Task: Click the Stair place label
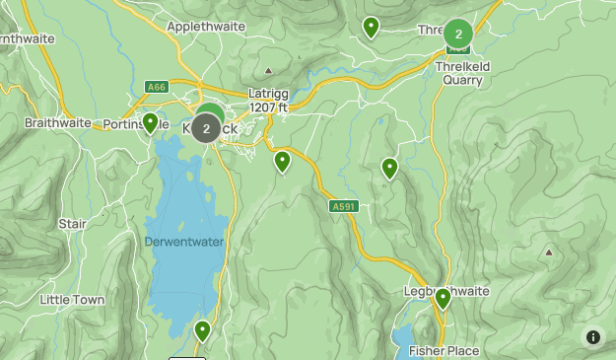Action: coord(72,224)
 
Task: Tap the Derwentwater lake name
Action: coord(184,242)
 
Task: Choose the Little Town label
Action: coord(73,299)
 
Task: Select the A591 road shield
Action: coord(341,206)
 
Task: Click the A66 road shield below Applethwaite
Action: coord(156,86)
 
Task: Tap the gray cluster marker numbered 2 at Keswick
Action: coord(206,128)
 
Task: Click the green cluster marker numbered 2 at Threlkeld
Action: coord(458,35)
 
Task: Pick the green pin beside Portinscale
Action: coord(151,123)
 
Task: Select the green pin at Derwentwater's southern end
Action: coord(202,330)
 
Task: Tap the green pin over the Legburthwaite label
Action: coord(443,298)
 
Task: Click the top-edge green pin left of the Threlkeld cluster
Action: coord(371,27)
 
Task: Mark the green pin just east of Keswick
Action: coord(282,161)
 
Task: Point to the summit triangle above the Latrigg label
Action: coord(268,71)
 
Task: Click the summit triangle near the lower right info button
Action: coord(548,252)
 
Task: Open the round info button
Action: coord(593,336)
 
